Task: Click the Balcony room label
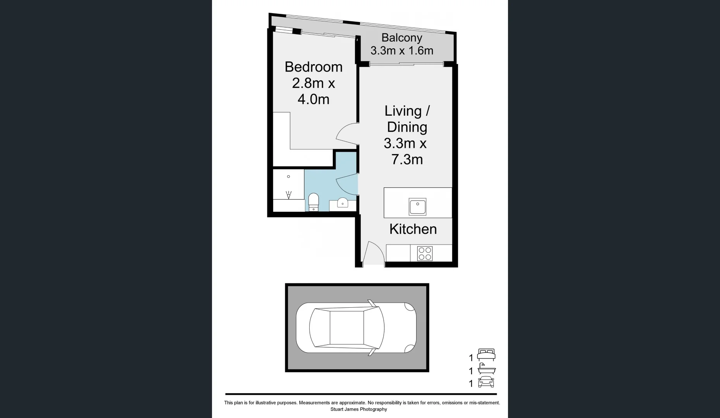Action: point(401,38)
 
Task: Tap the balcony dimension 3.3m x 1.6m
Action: point(401,51)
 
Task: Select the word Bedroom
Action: point(313,67)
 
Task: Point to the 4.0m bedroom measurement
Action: point(313,99)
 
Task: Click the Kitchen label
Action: point(413,229)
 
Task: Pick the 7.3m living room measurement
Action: point(407,159)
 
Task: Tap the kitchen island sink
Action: point(417,207)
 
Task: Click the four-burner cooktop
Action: point(425,254)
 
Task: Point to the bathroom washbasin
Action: point(343,203)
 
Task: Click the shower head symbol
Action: point(288,195)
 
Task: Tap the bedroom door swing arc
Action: point(346,134)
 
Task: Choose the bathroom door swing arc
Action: point(346,184)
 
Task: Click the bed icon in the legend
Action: point(486,355)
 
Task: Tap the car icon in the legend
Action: point(486,382)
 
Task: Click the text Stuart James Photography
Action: point(358,409)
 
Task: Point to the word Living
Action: point(402,111)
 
